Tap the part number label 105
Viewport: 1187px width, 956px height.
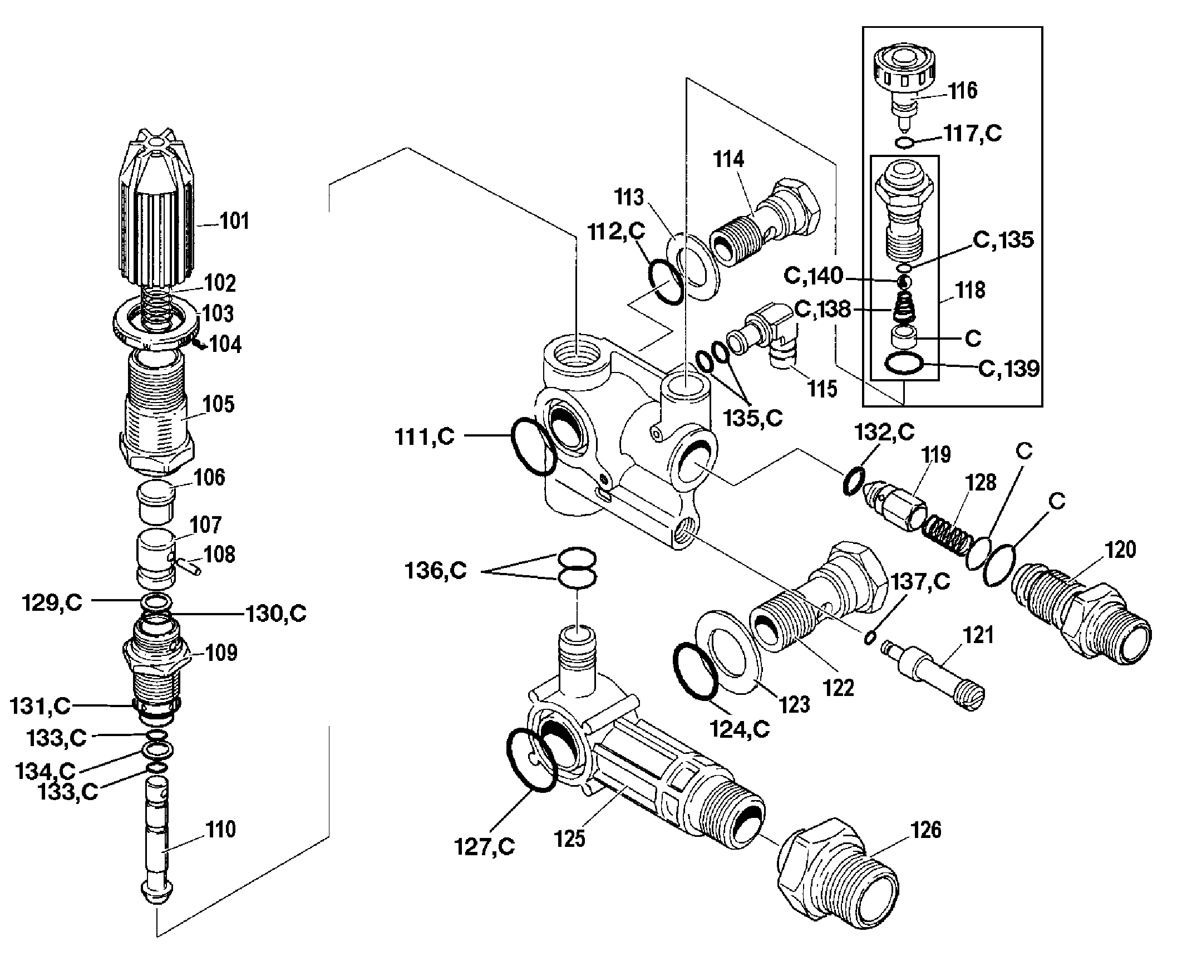(x=219, y=404)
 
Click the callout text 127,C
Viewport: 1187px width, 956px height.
(x=484, y=847)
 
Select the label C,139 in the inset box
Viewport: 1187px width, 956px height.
(x=1008, y=369)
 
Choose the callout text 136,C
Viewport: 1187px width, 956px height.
(x=436, y=571)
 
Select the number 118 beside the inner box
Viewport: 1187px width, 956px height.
(x=970, y=290)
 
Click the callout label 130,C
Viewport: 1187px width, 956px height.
(x=277, y=614)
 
